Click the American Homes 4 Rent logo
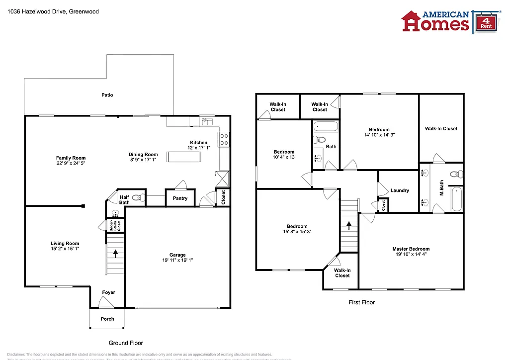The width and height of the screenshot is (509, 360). (x=450, y=21)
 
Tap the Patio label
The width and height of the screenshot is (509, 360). (x=107, y=95)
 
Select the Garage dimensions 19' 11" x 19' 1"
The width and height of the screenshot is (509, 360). (x=177, y=260)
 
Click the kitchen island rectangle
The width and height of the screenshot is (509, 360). (x=184, y=157)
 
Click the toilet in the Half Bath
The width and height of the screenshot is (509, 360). (x=137, y=198)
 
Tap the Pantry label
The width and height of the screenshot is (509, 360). (x=180, y=198)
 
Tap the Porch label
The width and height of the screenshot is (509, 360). (x=107, y=319)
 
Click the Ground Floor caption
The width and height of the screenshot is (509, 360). (x=126, y=343)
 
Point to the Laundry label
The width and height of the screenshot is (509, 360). (x=400, y=190)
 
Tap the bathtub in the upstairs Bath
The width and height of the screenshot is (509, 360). (x=326, y=126)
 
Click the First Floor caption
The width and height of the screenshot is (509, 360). (x=361, y=302)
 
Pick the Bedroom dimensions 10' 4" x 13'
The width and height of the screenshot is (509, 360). (x=284, y=157)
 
